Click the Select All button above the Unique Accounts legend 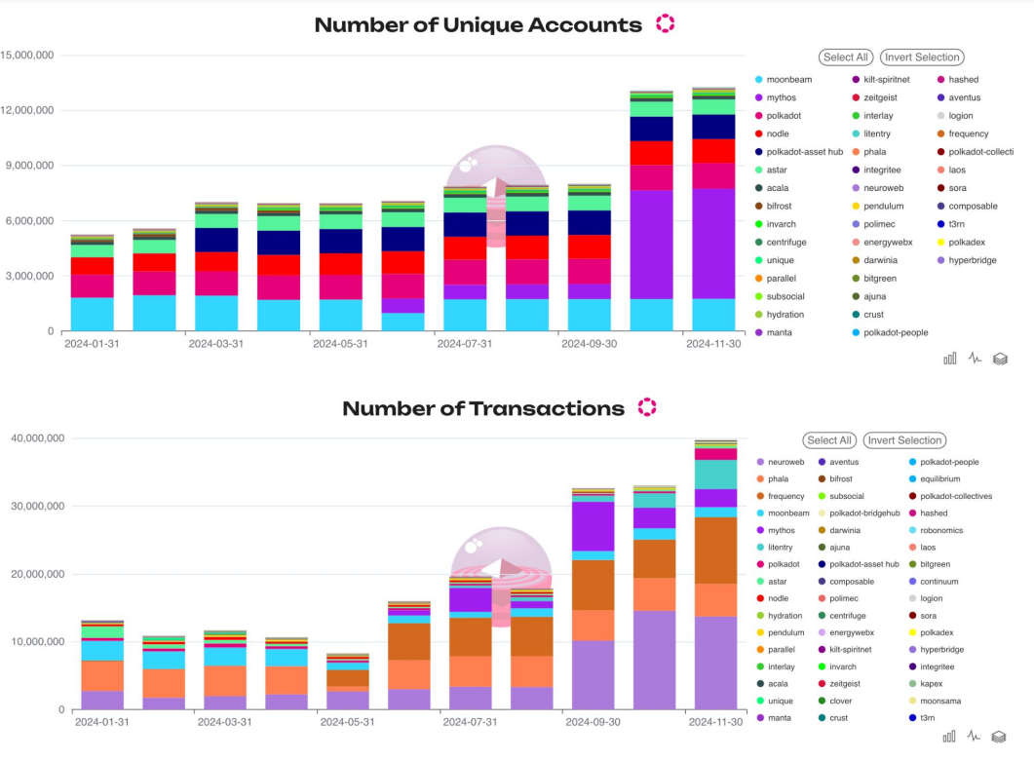846,57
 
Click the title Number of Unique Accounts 478,25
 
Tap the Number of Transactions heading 482,408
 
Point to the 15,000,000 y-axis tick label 27,56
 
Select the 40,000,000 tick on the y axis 38,438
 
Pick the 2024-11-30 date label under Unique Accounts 714,344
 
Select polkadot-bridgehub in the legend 864,513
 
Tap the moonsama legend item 947,701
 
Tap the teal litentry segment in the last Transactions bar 715,475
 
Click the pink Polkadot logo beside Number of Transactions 647,407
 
